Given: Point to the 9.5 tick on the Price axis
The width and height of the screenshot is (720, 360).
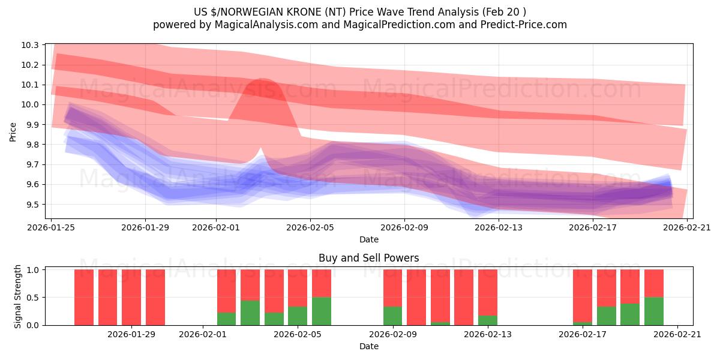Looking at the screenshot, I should (32, 205).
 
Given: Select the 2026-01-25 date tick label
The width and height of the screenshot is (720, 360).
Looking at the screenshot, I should (52, 227).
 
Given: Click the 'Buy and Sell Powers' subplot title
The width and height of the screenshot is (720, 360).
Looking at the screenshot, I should (368, 258).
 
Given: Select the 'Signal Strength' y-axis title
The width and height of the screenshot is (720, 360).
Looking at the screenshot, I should (18, 296).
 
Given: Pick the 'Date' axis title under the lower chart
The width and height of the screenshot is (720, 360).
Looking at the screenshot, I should (368, 346).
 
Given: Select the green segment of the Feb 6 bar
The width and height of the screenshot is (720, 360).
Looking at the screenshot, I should (322, 311).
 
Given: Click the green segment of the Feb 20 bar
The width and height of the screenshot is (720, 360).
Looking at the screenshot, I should (654, 311).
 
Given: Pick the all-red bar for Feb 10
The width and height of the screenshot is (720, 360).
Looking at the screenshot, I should (416, 297).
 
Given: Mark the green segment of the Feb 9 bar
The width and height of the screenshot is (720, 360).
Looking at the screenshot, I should (393, 316).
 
